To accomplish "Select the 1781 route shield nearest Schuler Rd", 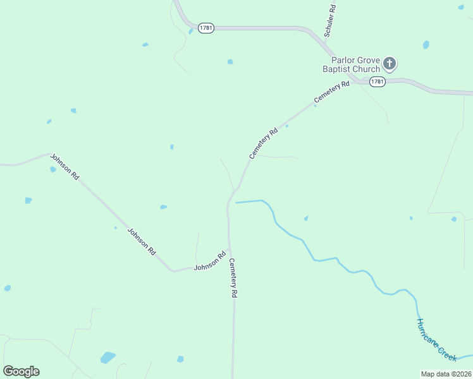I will click(x=206, y=28).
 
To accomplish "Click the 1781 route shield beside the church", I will click(x=378, y=82).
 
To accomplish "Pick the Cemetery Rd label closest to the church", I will click(x=331, y=93).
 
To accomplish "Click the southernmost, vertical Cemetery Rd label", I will click(x=233, y=278).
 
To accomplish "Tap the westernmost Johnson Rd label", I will click(x=64, y=167).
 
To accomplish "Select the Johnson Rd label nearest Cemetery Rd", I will click(x=210, y=262).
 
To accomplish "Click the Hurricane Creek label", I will click(x=436, y=340).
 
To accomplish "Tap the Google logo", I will click(x=21, y=371).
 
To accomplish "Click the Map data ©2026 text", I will click(x=446, y=374).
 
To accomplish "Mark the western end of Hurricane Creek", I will click(x=236, y=203).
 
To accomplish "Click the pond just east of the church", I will click(x=426, y=45).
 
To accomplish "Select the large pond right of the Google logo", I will click(x=108, y=358).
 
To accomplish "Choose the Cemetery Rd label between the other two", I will click(x=264, y=143).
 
